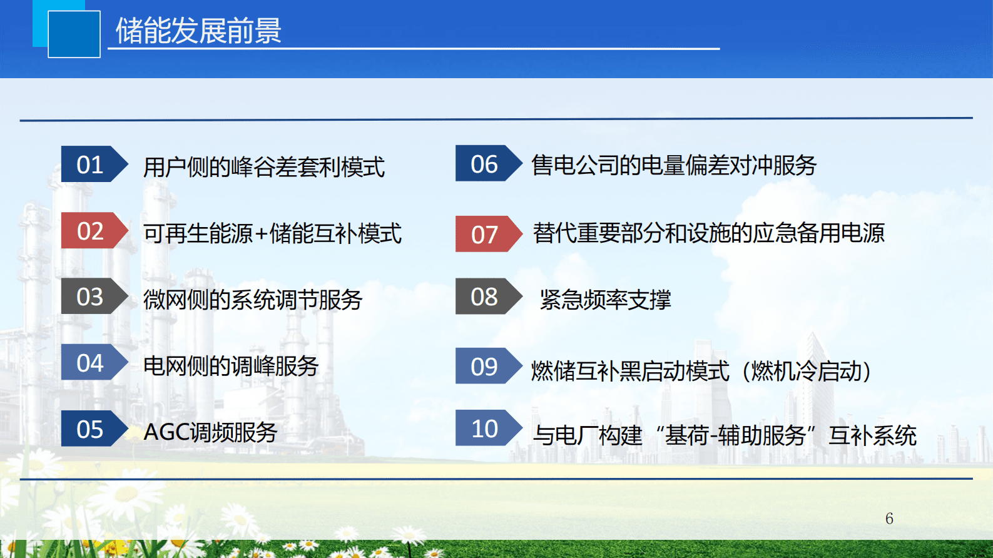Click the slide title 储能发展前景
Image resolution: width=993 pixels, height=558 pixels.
coord(198,31)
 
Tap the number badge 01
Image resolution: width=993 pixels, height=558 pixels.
coord(91,165)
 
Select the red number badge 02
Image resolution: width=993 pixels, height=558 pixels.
coord(91,231)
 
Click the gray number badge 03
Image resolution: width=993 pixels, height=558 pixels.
coord(91,297)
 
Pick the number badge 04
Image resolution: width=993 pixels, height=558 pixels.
coord(91,363)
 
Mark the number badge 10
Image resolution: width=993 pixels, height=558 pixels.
coord(486,429)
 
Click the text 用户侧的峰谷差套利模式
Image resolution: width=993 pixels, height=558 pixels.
coord(263,167)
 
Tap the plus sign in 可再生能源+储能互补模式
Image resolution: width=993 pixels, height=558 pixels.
coord(261,234)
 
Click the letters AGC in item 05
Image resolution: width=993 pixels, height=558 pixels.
coord(166,432)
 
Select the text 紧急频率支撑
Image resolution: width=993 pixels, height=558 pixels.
coord(605,300)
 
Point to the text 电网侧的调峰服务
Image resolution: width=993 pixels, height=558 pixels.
coord(231,366)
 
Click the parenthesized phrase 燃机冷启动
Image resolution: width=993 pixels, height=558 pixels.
coord(807,371)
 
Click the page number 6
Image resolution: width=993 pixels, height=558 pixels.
coord(889,519)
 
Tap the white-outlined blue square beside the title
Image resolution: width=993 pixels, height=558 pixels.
coord(74,34)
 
